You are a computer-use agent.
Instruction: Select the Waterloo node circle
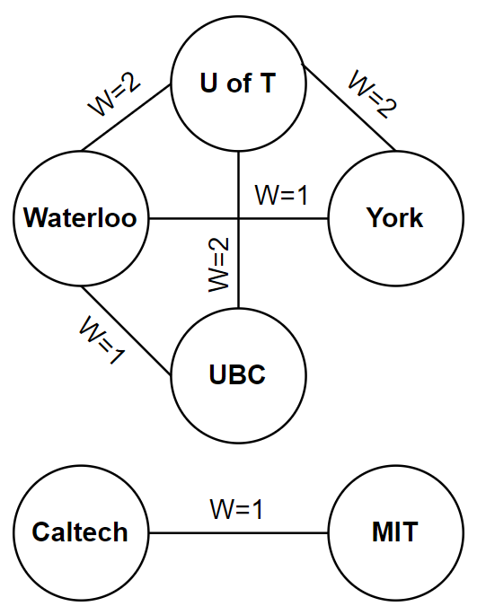(x=81, y=218)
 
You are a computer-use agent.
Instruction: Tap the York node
(x=395, y=218)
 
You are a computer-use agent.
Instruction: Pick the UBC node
(x=238, y=374)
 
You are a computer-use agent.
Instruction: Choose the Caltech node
(x=81, y=532)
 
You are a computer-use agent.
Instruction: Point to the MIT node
(x=395, y=532)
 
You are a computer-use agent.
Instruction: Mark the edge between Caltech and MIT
(x=238, y=532)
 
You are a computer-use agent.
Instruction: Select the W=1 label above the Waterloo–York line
(x=281, y=195)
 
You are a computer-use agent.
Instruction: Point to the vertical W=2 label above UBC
(x=218, y=263)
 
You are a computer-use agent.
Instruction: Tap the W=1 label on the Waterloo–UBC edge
(x=100, y=339)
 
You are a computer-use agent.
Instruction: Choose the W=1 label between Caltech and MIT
(x=237, y=510)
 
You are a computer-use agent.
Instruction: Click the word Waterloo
(x=81, y=218)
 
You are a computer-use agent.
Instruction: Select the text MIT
(x=395, y=532)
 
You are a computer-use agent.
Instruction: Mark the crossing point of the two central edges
(x=238, y=218)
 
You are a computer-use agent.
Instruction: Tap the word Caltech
(x=81, y=532)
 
